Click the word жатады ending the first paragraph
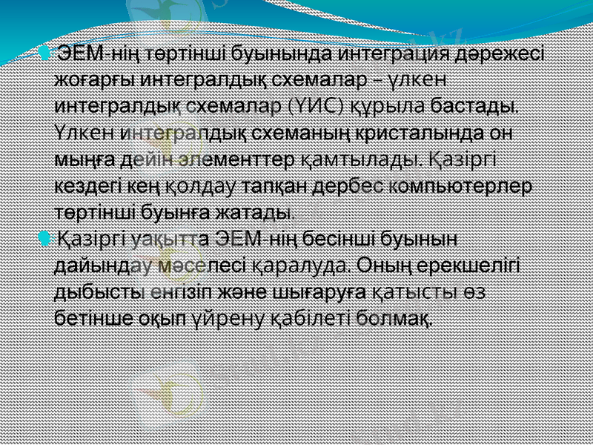click(256, 212)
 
